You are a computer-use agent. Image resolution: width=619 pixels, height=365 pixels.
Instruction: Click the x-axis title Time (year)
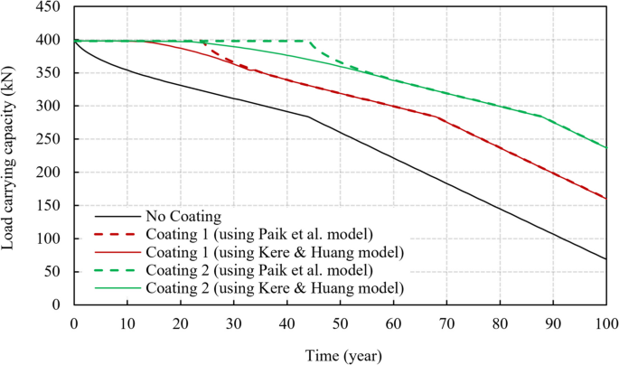[x=340, y=353]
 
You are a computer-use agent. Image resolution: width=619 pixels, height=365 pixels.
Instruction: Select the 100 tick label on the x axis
[x=605, y=323]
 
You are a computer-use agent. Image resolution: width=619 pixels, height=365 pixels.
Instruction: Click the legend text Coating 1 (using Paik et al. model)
[x=253, y=234]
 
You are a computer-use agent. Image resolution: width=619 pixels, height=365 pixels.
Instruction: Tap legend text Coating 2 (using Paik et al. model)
[x=253, y=269]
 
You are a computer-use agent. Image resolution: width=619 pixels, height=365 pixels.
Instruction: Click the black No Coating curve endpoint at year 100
[x=605, y=259]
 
